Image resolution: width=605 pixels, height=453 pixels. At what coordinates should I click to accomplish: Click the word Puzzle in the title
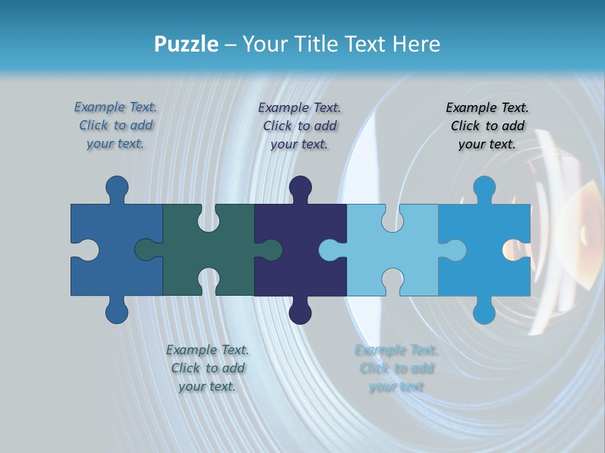click(x=187, y=45)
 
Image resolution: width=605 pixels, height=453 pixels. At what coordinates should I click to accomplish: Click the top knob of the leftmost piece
click(x=117, y=187)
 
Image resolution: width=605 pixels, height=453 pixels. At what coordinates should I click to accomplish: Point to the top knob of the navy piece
click(x=300, y=187)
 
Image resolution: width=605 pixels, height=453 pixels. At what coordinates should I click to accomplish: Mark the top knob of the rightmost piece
click(x=484, y=187)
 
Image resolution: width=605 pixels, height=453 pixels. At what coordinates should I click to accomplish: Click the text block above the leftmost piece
click(x=116, y=125)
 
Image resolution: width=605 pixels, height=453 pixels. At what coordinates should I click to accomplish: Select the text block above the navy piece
click(x=300, y=126)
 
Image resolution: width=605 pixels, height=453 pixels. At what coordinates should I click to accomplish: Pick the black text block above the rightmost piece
click(x=487, y=126)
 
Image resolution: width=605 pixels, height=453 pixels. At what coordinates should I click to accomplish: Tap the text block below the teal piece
click(x=207, y=368)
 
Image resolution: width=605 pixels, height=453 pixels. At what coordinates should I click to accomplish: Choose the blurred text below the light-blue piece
click(x=396, y=368)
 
